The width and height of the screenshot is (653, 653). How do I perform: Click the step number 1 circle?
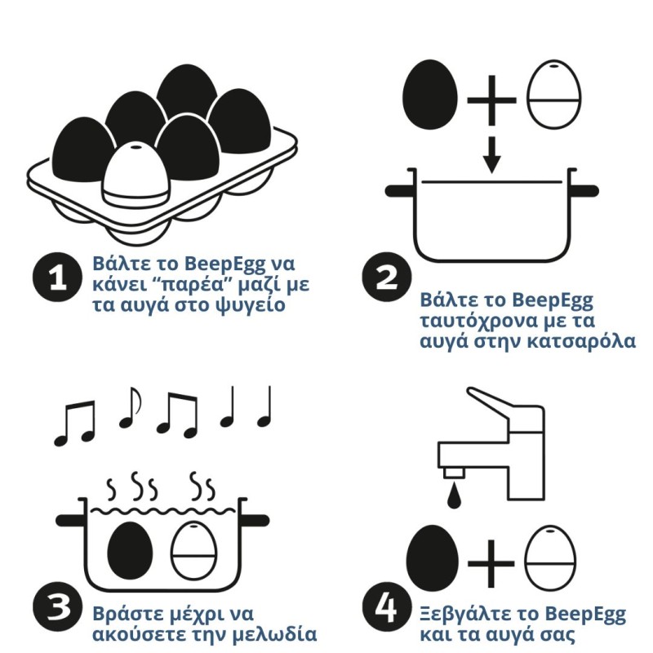pyautogui.click(x=57, y=277)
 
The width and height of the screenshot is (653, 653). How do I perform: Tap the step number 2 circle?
pyautogui.click(x=386, y=276)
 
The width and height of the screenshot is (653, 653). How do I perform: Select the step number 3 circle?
pyautogui.click(x=57, y=606)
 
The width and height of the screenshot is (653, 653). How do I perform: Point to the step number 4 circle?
pyautogui.click(x=386, y=606)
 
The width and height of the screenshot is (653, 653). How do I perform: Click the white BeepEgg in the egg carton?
pyautogui.click(x=135, y=174)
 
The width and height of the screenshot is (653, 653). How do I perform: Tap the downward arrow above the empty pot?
pyautogui.click(x=492, y=155)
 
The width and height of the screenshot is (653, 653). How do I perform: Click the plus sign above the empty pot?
pyautogui.click(x=492, y=100)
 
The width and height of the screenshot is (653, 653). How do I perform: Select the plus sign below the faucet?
pyautogui.click(x=491, y=564)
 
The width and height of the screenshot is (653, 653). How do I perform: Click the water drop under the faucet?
pyautogui.click(x=454, y=496)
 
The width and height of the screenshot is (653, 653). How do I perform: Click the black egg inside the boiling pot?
pyautogui.click(x=130, y=550)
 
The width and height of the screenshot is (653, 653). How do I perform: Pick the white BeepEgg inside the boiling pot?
pyautogui.click(x=193, y=550)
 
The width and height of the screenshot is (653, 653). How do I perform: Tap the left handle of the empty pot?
pyautogui.click(x=400, y=191)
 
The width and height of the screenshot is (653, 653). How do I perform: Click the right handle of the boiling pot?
pyautogui.click(x=255, y=520)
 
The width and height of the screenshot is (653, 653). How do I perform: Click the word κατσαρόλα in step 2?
pyautogui.click(x=581, y=341)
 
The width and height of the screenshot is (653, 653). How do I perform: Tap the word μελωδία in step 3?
pyautogui.click(x=274, y=634)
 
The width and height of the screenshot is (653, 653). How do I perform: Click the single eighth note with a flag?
pyautogui.click(x=130, y=407)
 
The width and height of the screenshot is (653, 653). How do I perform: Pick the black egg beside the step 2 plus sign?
pyautogui.click(x=430, y=95)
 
